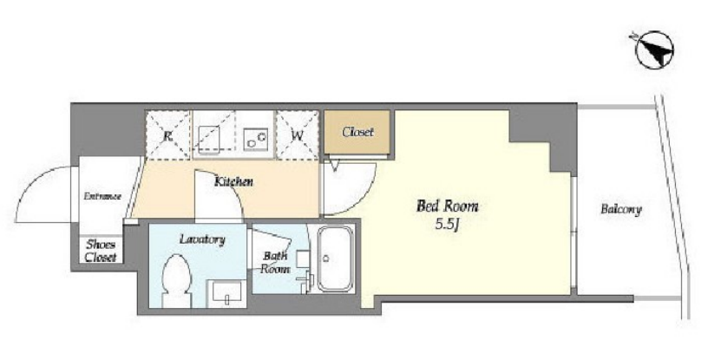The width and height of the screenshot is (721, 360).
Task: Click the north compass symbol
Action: [x=653, y=50]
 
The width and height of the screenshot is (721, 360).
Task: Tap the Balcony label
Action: [x=620, y=210]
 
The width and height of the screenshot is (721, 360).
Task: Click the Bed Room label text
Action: [x=447, y=206]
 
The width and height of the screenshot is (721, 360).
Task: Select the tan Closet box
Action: [x=357, y=132]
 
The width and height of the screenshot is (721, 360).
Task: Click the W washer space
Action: [x=297, y=134]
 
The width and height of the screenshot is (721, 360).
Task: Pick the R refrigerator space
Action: [x=167, y=134]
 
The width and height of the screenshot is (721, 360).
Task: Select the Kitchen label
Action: [x=234, y=181]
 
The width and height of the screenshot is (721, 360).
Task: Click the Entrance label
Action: [x=102, y=196]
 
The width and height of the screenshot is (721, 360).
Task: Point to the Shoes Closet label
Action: [x=101, y=251]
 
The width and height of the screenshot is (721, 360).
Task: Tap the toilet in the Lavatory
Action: [x=177, y=280]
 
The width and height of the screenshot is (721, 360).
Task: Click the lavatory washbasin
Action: [x=226, y=293]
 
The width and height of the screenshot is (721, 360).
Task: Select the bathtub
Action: [x=335, y=259]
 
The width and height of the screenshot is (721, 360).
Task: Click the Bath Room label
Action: [x=275, y=263]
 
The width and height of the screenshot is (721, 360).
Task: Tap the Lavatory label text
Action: [x=202, y=239]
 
